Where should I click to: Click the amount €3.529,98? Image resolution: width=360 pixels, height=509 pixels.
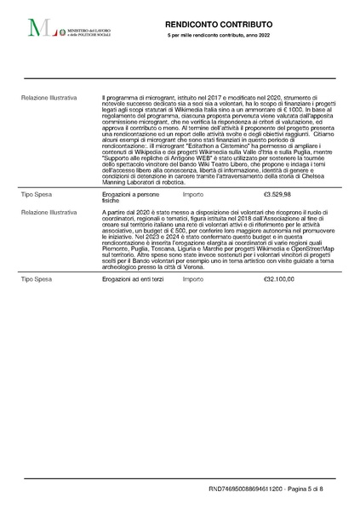click(277, 194)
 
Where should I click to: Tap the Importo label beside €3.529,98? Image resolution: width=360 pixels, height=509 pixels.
click(192, 194)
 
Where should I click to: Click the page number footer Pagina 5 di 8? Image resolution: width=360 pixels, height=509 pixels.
click(315, 489)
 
